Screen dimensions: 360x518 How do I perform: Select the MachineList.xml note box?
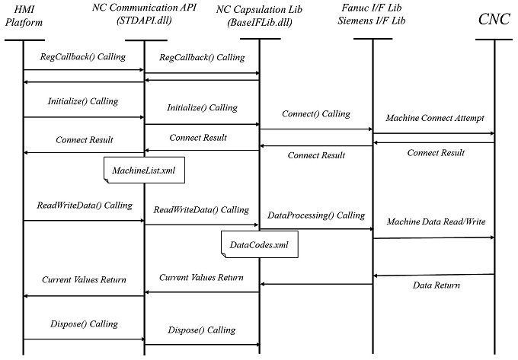pos(144,170)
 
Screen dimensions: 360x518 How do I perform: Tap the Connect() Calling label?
pos(315,114)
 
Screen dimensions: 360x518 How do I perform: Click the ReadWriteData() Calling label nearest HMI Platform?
pos(85,205)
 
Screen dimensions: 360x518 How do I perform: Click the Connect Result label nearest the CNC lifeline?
pos(436,152)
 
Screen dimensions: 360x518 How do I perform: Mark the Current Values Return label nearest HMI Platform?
pos(84,281)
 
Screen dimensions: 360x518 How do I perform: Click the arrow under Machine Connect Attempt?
pos(433,134)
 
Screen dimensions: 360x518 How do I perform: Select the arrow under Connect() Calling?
pos(316,129)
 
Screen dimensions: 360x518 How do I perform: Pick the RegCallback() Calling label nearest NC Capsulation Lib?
pos(203,57)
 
